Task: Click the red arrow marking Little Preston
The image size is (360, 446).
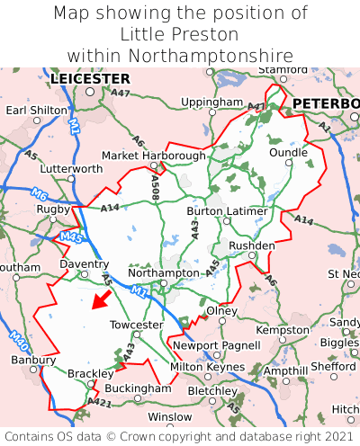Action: [102, 299]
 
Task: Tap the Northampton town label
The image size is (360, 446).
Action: [163, 272]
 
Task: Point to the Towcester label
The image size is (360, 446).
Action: [136, 325]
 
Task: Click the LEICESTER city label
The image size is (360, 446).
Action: [90, 79]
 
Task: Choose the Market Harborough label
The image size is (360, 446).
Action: [153, 156]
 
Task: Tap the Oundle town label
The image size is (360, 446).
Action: [288, 153]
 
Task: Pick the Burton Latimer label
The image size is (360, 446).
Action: [227, 211]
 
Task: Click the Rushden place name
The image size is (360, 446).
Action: [252, 245]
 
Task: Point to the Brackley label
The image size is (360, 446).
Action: [91, 373]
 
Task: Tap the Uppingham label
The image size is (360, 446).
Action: [211, 103]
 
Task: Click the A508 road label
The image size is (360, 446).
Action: [155, 187]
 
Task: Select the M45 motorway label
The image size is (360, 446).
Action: [70, 237]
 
